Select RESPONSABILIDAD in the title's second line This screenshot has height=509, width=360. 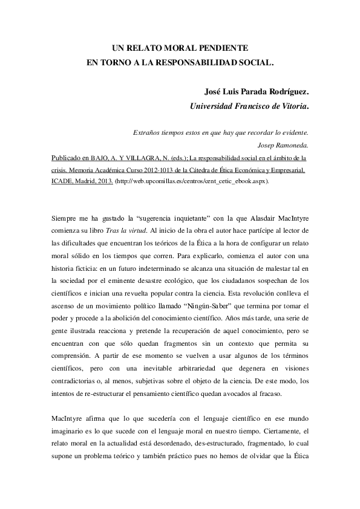tap(204, 61)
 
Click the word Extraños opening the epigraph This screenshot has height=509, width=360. tap(147, 133)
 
